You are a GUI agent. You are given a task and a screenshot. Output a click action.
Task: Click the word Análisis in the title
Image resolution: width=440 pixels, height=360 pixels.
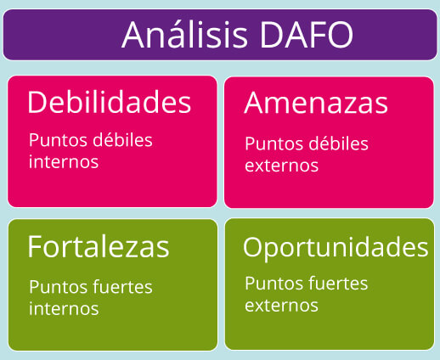184,34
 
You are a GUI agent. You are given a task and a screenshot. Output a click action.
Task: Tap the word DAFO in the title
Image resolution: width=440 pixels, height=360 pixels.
307,35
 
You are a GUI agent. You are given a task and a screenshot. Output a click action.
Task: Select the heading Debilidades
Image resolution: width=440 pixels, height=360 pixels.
110,102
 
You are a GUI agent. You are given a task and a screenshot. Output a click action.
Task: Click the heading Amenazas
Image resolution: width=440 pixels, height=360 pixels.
316,103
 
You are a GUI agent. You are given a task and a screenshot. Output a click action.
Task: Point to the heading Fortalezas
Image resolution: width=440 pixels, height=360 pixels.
99,246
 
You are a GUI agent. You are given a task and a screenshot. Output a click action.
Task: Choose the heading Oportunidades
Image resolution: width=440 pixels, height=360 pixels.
336,248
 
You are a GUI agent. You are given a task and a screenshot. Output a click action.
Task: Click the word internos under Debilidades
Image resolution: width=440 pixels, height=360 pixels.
64,161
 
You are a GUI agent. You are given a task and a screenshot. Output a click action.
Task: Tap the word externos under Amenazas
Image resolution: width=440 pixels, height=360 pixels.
281,166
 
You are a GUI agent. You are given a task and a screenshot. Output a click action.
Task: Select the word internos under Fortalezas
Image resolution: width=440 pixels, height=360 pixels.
64,308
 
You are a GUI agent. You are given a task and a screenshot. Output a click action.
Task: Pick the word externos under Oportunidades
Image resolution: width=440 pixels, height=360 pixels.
281,306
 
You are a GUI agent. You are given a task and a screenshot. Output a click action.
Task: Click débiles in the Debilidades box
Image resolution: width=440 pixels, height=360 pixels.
122,139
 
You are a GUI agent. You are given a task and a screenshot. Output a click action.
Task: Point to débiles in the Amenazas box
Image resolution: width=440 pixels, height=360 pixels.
338,143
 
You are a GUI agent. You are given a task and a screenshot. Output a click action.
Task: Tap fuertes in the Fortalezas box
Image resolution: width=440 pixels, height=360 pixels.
122,287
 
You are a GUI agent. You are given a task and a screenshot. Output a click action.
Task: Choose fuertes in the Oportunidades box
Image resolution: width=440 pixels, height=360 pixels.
338,283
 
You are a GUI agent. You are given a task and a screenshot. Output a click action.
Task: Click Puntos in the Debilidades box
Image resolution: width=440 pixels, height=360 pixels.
58,140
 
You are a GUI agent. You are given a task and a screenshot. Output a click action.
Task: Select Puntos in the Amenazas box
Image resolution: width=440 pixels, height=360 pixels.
274,143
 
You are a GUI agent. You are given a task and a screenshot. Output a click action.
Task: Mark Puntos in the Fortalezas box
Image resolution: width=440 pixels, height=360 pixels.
58,287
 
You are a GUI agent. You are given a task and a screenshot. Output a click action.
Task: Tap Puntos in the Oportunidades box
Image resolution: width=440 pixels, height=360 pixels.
274,284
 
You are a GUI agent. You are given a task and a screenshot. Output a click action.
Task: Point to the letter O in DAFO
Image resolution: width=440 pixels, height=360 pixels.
340,35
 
